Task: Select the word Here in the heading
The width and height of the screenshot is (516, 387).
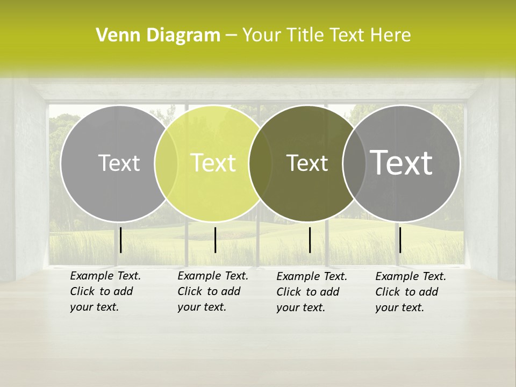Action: (x=391, y=35)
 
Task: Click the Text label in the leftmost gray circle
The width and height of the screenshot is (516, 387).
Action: (x=119, y=163)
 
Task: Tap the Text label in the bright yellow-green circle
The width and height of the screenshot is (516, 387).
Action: (x=213, y=163)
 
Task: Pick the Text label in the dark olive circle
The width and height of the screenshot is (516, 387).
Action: (x=307, y=163)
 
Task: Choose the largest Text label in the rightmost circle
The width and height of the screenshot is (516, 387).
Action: (x=402, y=162)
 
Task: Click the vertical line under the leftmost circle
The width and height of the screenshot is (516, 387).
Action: (x=120, y=240)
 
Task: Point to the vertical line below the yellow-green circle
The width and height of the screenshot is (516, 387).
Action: (x=215, y=240)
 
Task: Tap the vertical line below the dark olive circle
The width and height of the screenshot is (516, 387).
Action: (x=310, y=240)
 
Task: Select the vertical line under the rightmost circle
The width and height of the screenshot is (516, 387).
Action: (x=400, y=240)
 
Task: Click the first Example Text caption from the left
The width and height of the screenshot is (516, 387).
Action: (x=105, y=291)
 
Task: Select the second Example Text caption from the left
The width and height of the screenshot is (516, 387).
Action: (x=213, y=291)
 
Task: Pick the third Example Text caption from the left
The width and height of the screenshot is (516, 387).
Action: (x=312, y=292)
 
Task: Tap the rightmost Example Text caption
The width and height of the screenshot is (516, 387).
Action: (x=411, y=292)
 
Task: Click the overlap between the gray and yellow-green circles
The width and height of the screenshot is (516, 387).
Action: (x=166, y=163)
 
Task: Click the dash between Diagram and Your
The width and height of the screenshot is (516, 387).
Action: (x=231, y=35)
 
